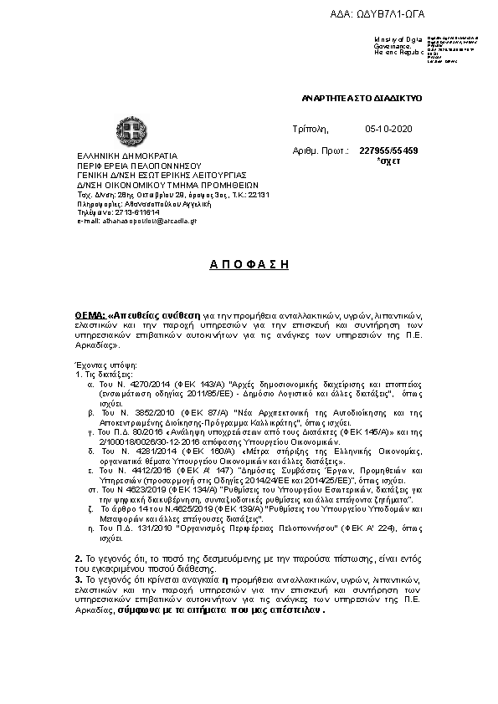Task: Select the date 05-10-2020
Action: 384,130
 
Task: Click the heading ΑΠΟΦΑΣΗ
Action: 249,264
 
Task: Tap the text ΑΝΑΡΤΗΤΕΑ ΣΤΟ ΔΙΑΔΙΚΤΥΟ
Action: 362,99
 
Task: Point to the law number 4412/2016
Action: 147,470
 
